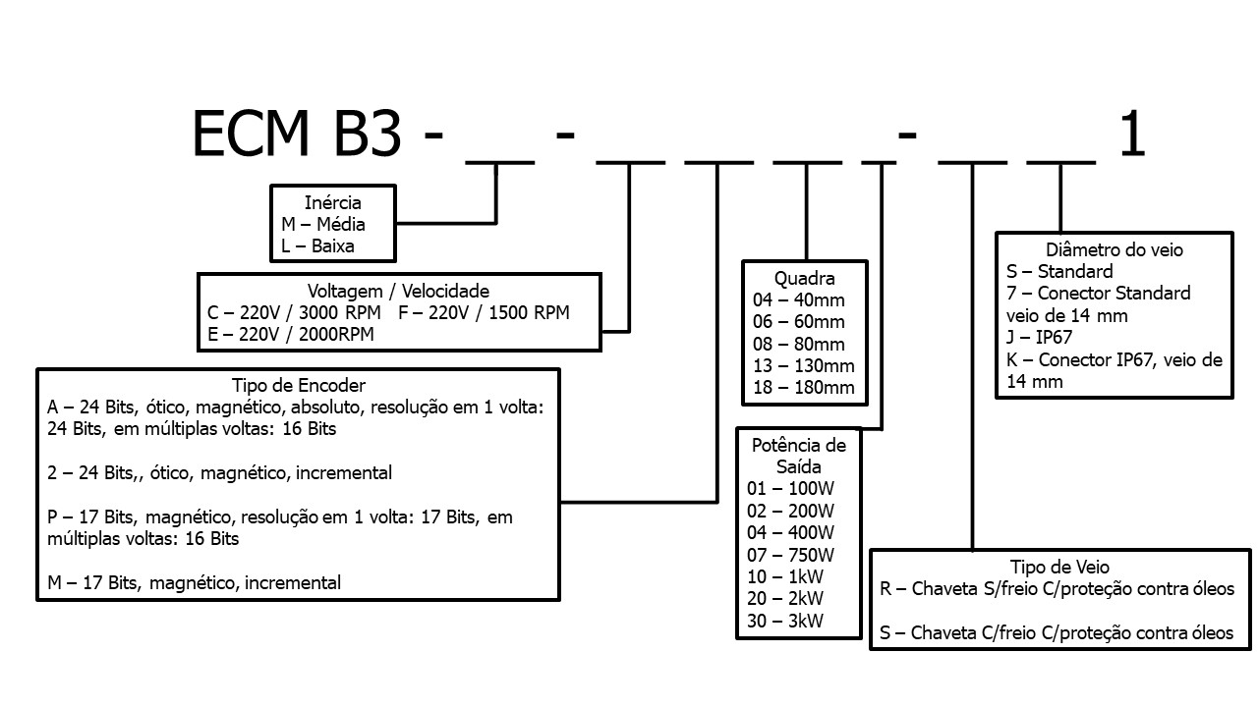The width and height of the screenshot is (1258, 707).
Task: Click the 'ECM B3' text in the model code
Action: (x=296, y=135)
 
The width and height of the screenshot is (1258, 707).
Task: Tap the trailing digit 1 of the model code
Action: (x=1132, y=135)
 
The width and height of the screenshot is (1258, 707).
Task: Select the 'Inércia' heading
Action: (x=333, y=203)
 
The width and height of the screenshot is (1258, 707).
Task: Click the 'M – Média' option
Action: (x=323, y=225)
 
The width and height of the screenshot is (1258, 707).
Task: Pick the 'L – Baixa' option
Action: (x=317, y=246)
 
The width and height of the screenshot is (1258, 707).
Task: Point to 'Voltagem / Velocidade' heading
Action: (x=398, y=292)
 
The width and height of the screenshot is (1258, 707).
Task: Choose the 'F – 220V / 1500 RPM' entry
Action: (x=485, y=313)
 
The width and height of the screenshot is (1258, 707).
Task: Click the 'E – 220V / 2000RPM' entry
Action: (x=291, y=335)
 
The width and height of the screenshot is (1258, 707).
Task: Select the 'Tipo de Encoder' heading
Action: (x=299, y=386)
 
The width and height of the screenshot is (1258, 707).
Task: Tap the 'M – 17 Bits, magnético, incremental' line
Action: (x=194, y=583)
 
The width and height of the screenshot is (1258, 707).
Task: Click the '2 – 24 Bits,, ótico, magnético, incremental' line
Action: (x=219, y=473)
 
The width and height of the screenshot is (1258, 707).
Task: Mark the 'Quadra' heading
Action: (x=804, y=279)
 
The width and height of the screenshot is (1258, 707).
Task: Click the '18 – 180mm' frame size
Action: (x=804, y=388)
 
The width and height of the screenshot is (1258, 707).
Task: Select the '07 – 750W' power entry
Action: (x=792, y=555)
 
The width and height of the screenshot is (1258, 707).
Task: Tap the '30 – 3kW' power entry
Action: (x=785, y=621)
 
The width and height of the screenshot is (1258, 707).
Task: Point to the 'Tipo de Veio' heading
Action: (x=1059, y=568)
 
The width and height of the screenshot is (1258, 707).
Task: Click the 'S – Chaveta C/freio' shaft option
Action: (x=1057, y=633)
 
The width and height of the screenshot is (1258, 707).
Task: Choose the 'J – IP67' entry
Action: (x=1039, y=338)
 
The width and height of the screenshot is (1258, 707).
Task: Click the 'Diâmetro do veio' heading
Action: (x=1115, y=250)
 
